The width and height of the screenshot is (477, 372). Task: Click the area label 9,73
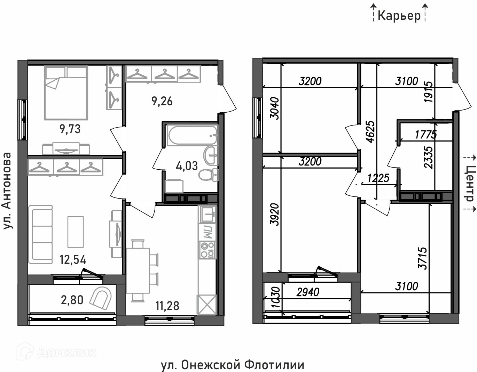70,129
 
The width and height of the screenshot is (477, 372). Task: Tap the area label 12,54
73,260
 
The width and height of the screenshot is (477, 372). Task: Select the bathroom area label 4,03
187,166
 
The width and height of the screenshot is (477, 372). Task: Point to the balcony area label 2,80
72,300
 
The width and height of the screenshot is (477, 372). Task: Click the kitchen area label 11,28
167,306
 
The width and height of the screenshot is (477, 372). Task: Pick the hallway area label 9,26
162,102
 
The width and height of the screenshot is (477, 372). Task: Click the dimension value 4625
371,132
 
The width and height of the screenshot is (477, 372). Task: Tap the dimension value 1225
378,178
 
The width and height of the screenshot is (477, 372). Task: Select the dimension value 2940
308,292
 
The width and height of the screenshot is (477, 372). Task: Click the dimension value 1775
426,135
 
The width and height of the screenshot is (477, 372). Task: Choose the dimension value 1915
429,92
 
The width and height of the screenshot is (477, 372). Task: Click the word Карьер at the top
399,16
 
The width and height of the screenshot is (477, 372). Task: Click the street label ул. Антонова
7,191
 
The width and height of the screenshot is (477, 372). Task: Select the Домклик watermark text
66,352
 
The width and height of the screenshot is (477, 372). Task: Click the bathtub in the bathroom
192,135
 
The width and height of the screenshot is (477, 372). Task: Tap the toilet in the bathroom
209,175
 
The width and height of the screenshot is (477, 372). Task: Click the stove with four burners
207,250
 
